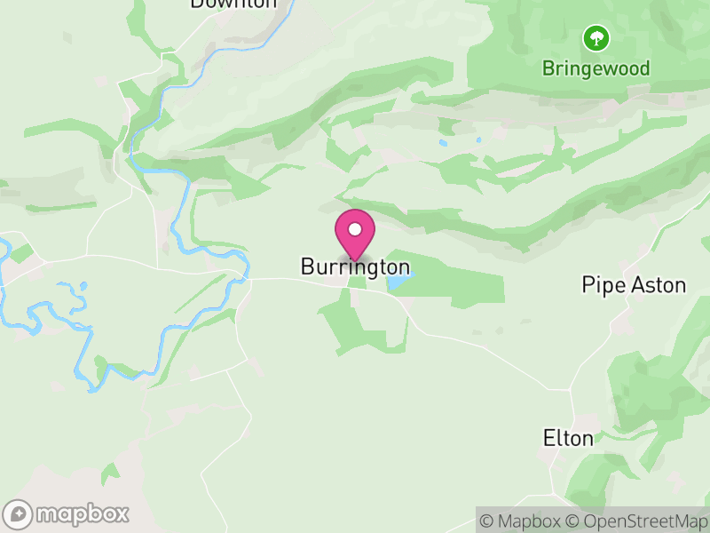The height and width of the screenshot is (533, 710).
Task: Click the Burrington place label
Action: pos(355,266)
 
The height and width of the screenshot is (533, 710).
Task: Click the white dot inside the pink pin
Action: pos(355,229)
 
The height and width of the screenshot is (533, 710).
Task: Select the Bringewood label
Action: pos(596,68)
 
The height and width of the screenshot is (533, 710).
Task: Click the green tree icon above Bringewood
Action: pos(596,37)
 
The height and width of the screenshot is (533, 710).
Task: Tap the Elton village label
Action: pos(568,438)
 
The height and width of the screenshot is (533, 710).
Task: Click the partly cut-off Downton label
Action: pos(233,4)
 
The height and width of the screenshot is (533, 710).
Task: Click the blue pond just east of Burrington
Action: pos(398,281)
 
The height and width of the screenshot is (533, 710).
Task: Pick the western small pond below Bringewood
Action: pos(443,141)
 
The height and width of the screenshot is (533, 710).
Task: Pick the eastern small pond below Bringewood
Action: pos(477,139)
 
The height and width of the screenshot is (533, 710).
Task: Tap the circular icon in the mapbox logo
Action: pos(18,513)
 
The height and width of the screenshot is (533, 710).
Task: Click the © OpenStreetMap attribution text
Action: pos(636,521)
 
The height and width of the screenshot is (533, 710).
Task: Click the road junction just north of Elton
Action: pos(571,389)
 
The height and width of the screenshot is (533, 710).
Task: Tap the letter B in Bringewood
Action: pos(548,68)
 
